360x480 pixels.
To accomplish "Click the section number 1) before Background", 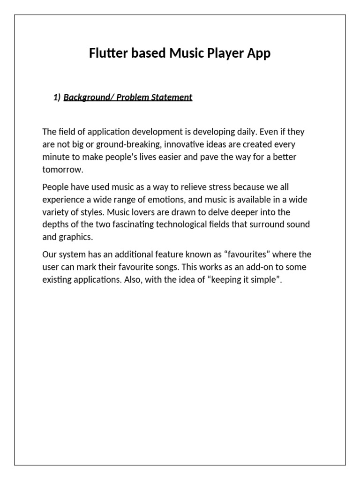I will (x=57, y=97).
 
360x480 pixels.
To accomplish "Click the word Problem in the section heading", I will (x=133, y=97).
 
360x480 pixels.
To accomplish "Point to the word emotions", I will (x=171, y=200).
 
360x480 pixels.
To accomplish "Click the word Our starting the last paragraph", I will (x=50, y=255).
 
